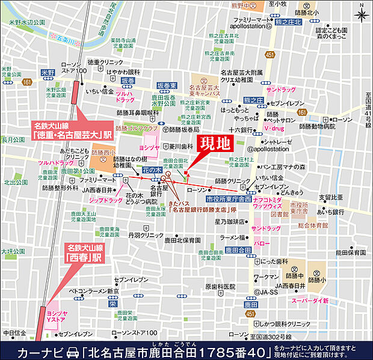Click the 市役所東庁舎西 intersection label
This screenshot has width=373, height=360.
[x=229, y=198]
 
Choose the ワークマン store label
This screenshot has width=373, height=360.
[x=266, y=277]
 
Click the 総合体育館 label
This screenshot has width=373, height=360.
[x=312, y=224]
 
